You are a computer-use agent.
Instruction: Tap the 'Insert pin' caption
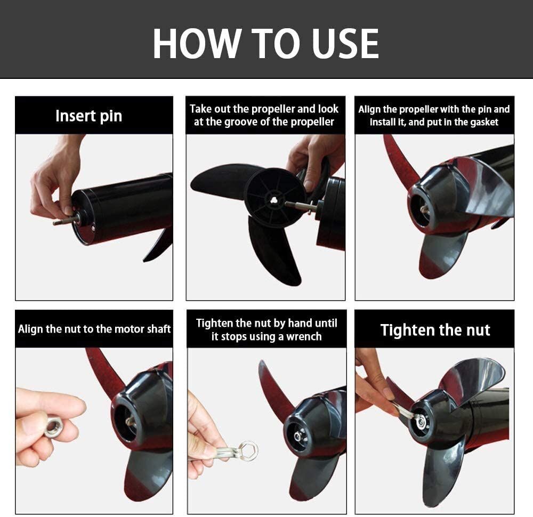[88, 116]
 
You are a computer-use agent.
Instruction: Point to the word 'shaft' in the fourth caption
[158, 329]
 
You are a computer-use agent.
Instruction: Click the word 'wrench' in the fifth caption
[304, 336]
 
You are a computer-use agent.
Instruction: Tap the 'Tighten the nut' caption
[435, 330]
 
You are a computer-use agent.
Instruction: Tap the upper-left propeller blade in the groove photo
[221, 178]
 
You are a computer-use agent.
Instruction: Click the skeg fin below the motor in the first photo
[158, 245]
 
